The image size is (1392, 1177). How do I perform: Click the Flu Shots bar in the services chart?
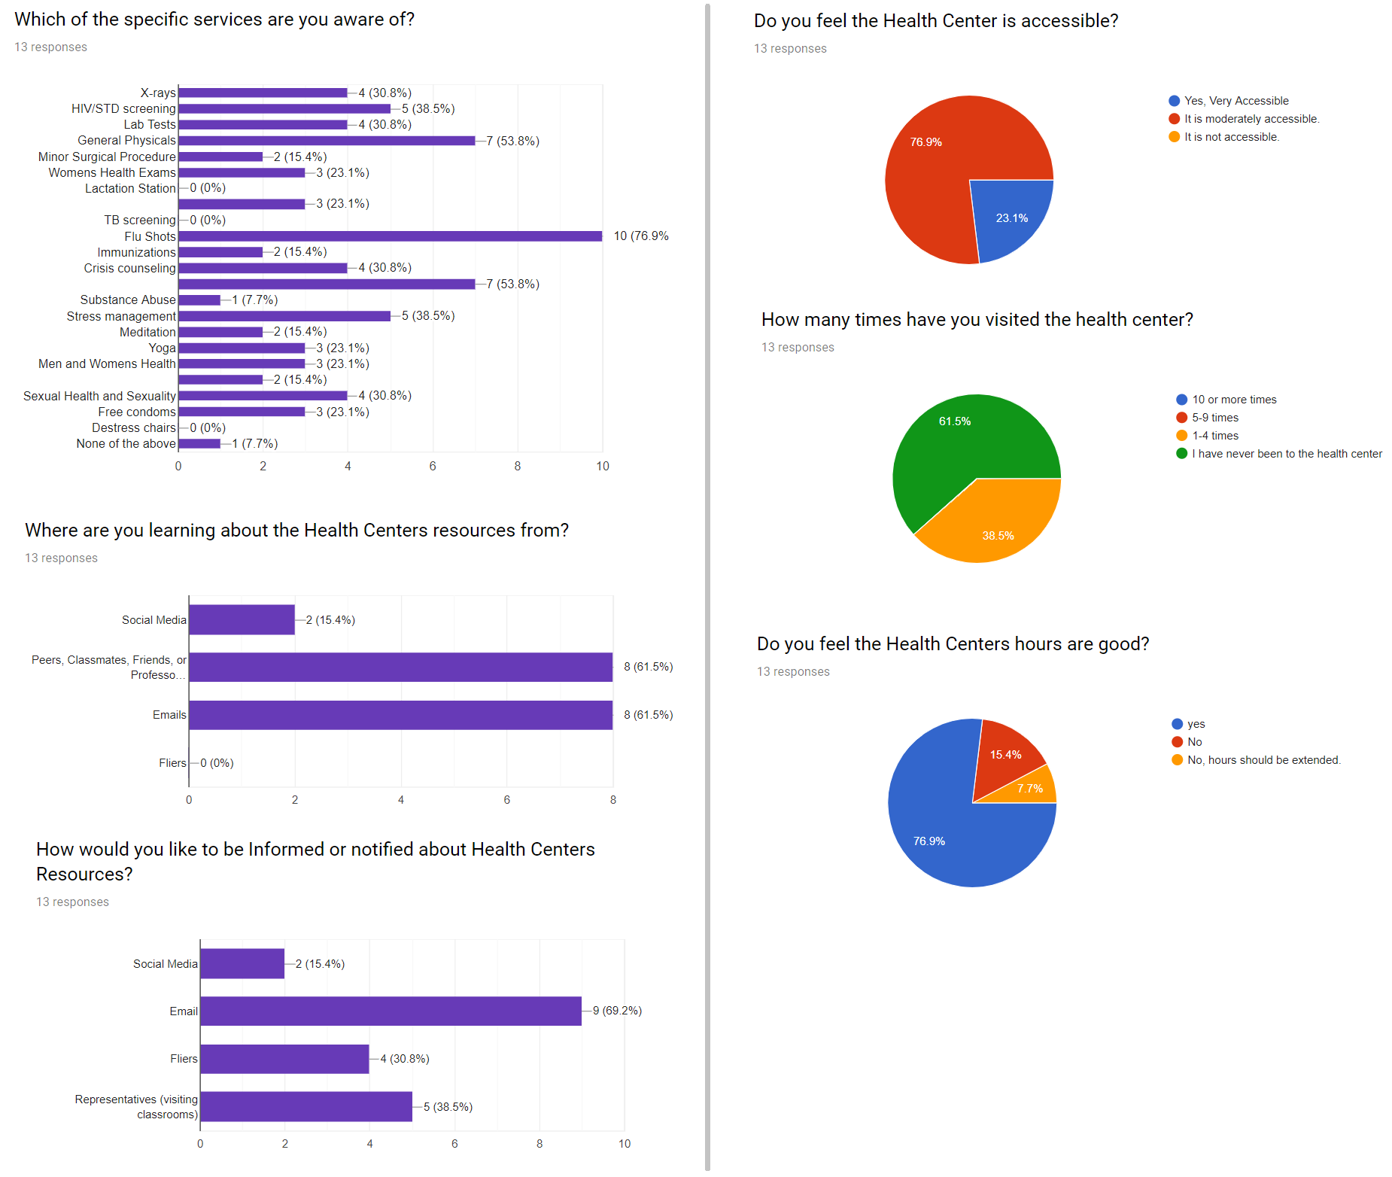390,236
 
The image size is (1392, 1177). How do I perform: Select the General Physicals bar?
327,141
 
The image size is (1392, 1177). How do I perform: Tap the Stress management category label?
121,316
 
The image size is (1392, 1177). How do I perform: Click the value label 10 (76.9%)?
641,236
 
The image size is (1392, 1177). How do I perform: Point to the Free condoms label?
137,412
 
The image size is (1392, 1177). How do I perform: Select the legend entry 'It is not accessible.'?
1231,137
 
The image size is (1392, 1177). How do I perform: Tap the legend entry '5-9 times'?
1214,418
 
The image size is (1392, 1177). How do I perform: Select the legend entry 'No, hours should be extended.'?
1263,760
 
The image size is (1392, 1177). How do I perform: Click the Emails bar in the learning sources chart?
400,715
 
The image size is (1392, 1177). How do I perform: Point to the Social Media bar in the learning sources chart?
242,619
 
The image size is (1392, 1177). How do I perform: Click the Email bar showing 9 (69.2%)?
391,1011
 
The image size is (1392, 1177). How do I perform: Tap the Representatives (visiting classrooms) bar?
305,1106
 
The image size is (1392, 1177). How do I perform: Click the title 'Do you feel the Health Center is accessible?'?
936,21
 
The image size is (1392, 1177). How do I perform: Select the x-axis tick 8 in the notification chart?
539,1144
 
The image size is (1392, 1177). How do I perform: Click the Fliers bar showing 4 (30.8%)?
284,1059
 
